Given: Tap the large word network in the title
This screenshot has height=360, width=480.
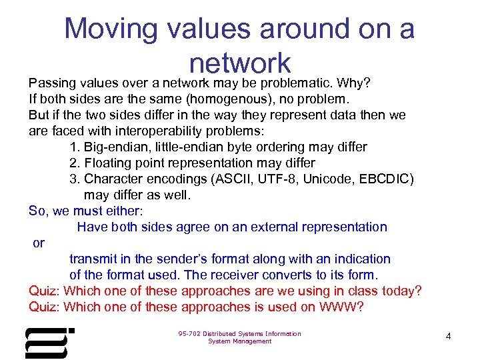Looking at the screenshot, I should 240,63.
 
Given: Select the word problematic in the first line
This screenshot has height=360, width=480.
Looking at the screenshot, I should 297,83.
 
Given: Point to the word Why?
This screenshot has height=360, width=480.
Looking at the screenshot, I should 354,83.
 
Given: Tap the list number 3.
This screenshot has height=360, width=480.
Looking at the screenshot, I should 73,179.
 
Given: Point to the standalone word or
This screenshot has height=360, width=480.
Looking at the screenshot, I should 39,243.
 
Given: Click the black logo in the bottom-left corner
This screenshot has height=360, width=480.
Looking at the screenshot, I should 49,343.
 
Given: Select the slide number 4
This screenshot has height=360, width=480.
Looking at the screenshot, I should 448,337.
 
